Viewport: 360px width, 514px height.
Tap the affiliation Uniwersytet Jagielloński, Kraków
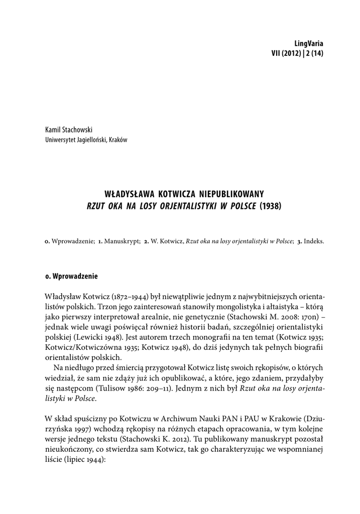(x=86, y=140)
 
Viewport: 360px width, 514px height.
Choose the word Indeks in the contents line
(x=314, y=240)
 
